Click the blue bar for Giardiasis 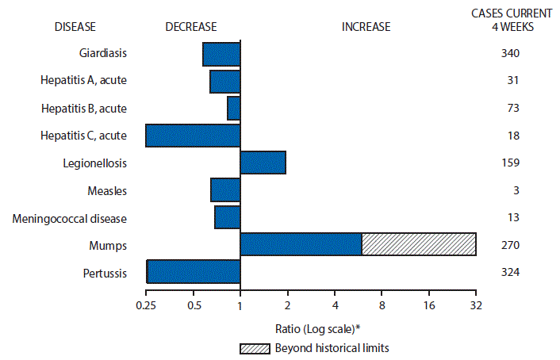[x=221, y=54]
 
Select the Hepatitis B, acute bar [x=233, y=108]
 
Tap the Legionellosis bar [x=263, y=162]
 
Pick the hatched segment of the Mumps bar [x=419, y=244]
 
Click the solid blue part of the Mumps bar [x=301, y=244]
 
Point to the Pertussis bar [x=194, y=271]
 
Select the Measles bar [x=225, y=190]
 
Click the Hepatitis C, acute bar [x=193, y=135]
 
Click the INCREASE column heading [x=366, y=27]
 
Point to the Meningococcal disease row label [x=82, y=217]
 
